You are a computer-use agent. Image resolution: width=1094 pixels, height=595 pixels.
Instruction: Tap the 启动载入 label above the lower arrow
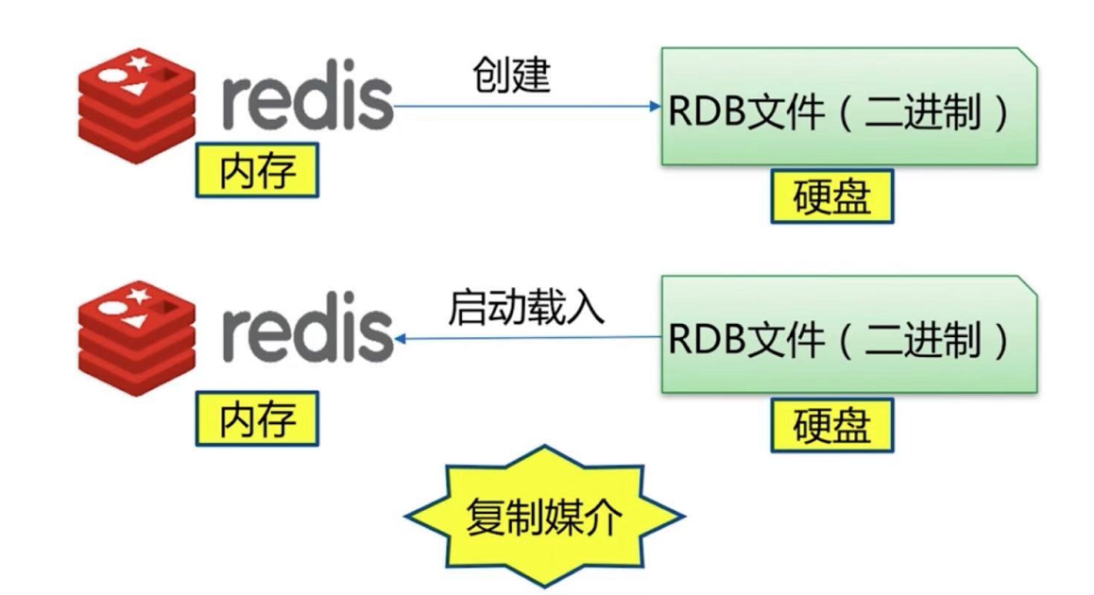[x=525, y=307]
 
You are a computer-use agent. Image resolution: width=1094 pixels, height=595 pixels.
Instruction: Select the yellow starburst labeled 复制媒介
[x=543, y=515]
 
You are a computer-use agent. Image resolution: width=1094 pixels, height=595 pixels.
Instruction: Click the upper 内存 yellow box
[x=257, y=172]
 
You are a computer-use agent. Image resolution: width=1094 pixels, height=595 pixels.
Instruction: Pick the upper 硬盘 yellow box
[x=831, y=197]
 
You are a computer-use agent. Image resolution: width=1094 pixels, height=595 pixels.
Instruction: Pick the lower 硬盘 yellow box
[x=831, y=426]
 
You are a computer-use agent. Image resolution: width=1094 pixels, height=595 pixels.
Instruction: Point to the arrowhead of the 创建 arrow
[x=655, y=106]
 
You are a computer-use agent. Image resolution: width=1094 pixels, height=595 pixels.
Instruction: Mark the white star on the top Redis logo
[x=138, y=63]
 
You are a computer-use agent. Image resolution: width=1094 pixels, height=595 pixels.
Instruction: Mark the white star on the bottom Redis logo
[x=138, y=293]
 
